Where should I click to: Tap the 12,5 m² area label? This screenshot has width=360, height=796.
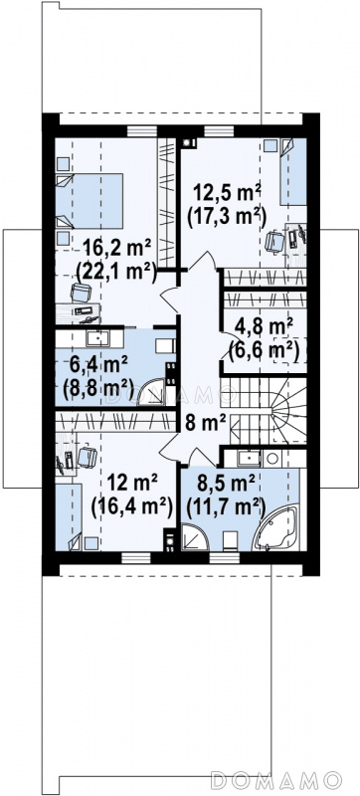[x=227, y=193]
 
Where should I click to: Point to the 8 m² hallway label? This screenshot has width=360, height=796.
[x=205, y=423]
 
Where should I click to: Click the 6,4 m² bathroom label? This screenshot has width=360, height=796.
[x=95, y=365]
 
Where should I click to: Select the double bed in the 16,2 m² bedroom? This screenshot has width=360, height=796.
[x=90, y=201]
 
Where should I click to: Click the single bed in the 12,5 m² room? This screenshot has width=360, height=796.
[x=293, y=171]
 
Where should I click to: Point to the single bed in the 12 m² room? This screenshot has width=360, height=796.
[x=69, y=517]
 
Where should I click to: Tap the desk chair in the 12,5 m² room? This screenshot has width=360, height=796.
[x=274, y=241]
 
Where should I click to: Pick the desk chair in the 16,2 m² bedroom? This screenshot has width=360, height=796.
[x=82, y=292]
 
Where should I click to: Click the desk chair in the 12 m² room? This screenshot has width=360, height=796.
[x=88, y=456]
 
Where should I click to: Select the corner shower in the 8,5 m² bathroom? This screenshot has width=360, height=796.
[x=195, y=537]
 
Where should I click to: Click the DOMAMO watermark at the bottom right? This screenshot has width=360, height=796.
[x=276, y=779]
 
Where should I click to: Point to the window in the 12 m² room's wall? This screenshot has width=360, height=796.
[x=136, y=557]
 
